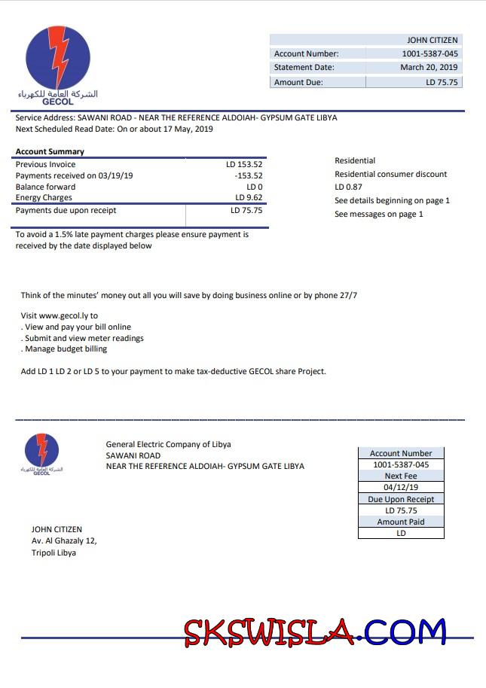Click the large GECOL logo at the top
click(x=58, y=64)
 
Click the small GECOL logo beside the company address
click(x=41, y=452)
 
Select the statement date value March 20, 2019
click(x=429, y=68)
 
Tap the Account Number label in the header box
click(x=306, y=53)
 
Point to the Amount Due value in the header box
click(x=442, y=82)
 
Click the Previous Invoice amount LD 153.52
click(x=244, y=164)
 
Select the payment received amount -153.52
click(x=248, y=175)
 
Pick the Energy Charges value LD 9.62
click(x=249, y=198)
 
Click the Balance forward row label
click(x=45, y=187)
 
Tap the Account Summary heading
click(x=50, y=152)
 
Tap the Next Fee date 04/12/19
click(x=401, y=487)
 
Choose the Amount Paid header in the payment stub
click(x=401, y=522)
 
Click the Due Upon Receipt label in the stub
click(x=401, y=499)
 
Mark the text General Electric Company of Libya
click(x=168, y=444)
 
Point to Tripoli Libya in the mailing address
click(x=53, y=553)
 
